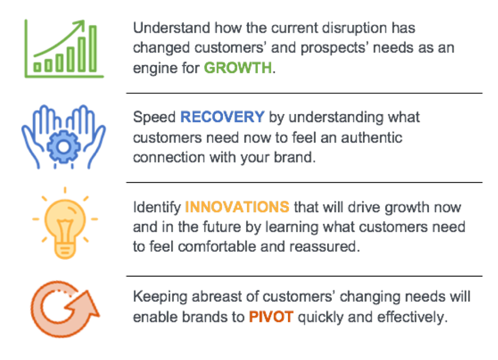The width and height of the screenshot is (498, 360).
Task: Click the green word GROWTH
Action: (x=238, y=67)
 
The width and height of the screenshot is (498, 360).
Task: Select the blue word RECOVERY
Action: (x=222, y=117)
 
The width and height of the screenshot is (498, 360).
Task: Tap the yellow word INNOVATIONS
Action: (x=237, y=207)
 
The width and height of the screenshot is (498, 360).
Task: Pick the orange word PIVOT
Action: (x=271, y=317)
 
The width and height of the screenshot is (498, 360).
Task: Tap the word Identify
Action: (x=157, y=208)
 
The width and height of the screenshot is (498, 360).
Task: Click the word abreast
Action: (x=217, y=297)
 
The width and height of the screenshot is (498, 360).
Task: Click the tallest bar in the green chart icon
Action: (x=93, y=49)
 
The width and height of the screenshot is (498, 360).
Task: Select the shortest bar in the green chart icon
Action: (x=37, y=67)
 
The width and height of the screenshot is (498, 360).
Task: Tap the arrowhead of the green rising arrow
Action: (x=80, y=25)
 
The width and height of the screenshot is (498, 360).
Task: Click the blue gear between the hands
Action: (x=64, y=147)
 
